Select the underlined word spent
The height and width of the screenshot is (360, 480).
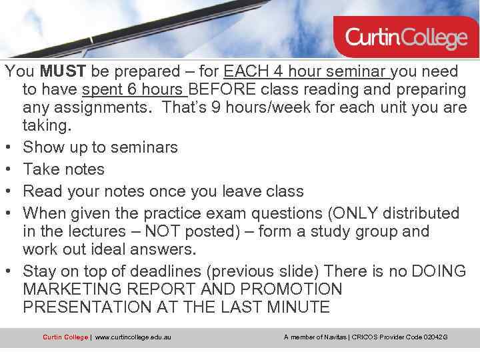[103, 89]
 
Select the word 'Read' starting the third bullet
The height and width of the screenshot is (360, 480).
[41, 191]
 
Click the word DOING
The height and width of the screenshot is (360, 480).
[437, 271]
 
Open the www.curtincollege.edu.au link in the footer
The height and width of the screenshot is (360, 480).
[133, 337]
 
